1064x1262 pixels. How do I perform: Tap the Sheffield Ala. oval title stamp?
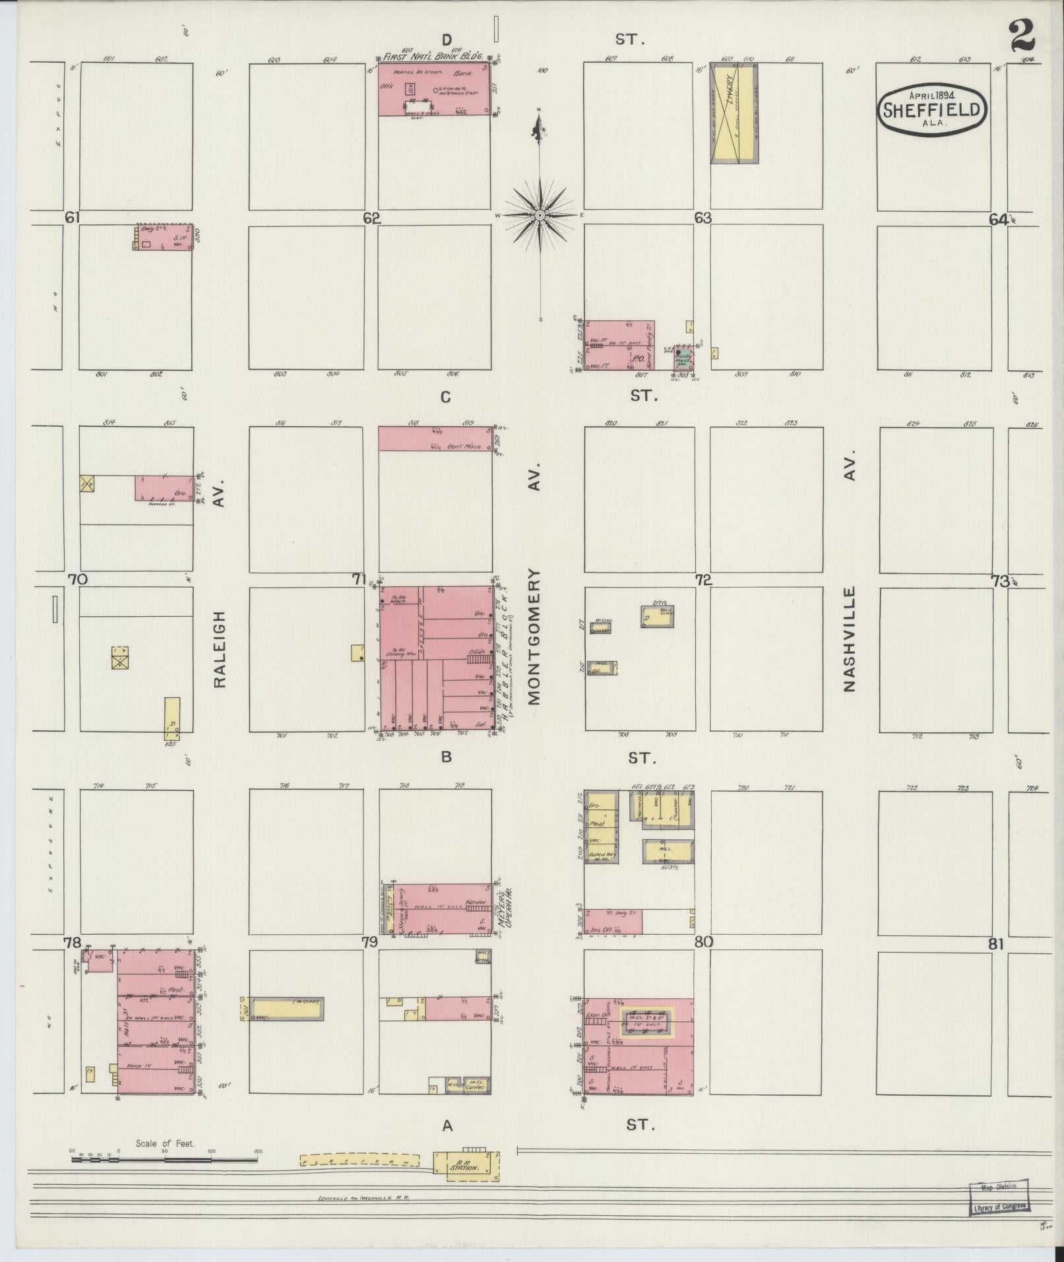click(x=932, y=109)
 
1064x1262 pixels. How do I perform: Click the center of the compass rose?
click(x=540, y=216)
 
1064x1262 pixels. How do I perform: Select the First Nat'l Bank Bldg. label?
click(x=433, y=57)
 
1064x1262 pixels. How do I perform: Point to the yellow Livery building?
click(x=734, y=113)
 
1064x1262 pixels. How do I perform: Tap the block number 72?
click(x=703, y=580)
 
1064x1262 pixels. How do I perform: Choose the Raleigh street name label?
click(x=220, y=649)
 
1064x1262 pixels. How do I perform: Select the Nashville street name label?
click(x=849, y=639)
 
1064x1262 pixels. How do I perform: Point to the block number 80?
click(x=703, y=942)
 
